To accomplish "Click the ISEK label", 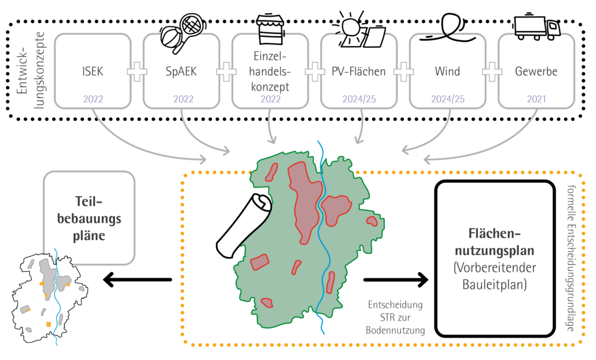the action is pyautogui.click(x=93, y=72).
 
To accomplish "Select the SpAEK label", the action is pyautogui.click(x=181, y=72).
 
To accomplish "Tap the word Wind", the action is pyautogui.click(x=448, y=72).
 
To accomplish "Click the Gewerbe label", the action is pyautogui.click(x=536, y=72).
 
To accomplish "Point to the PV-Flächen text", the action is pyautogui.click(x=358, y=72).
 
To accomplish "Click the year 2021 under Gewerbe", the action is pyautogui.click(x=536, y=99).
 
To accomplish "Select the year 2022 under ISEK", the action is pyautogui.click(x=93, y=99).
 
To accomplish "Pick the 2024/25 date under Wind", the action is pyautogui.click(x=448, y=99).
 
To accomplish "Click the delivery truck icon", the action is pyautogui.click(x=537, y=27).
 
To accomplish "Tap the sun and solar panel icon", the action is pyautogui.click(x=358, y=30).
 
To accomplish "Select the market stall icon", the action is pyautogui.click(x=270, y=30).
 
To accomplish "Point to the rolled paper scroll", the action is pyautogui.click(x=244, y=226).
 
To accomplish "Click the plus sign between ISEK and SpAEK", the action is pyautogui.click(x=137, y=71).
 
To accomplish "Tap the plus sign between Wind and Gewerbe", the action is pyautogui.click(x=492, y=71).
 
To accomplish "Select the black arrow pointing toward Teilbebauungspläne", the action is pyautogui.click(x=137, y=280).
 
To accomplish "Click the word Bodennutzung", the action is pyautogui.click(x=395, y=330).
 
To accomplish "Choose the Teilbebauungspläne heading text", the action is pyautogui.click(x=89, y=219).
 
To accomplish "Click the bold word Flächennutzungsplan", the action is pyautogui.click(x=495, y=242).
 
